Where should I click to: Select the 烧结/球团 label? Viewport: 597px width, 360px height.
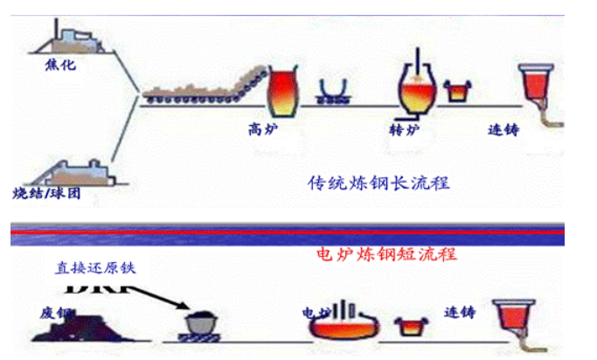(x=47, y=193)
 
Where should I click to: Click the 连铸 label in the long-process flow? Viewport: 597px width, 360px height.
(x=503, y=129)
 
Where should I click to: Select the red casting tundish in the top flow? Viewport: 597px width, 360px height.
(x=536, y=86)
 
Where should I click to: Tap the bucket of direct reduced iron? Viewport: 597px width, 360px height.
(x=200, y=322)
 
